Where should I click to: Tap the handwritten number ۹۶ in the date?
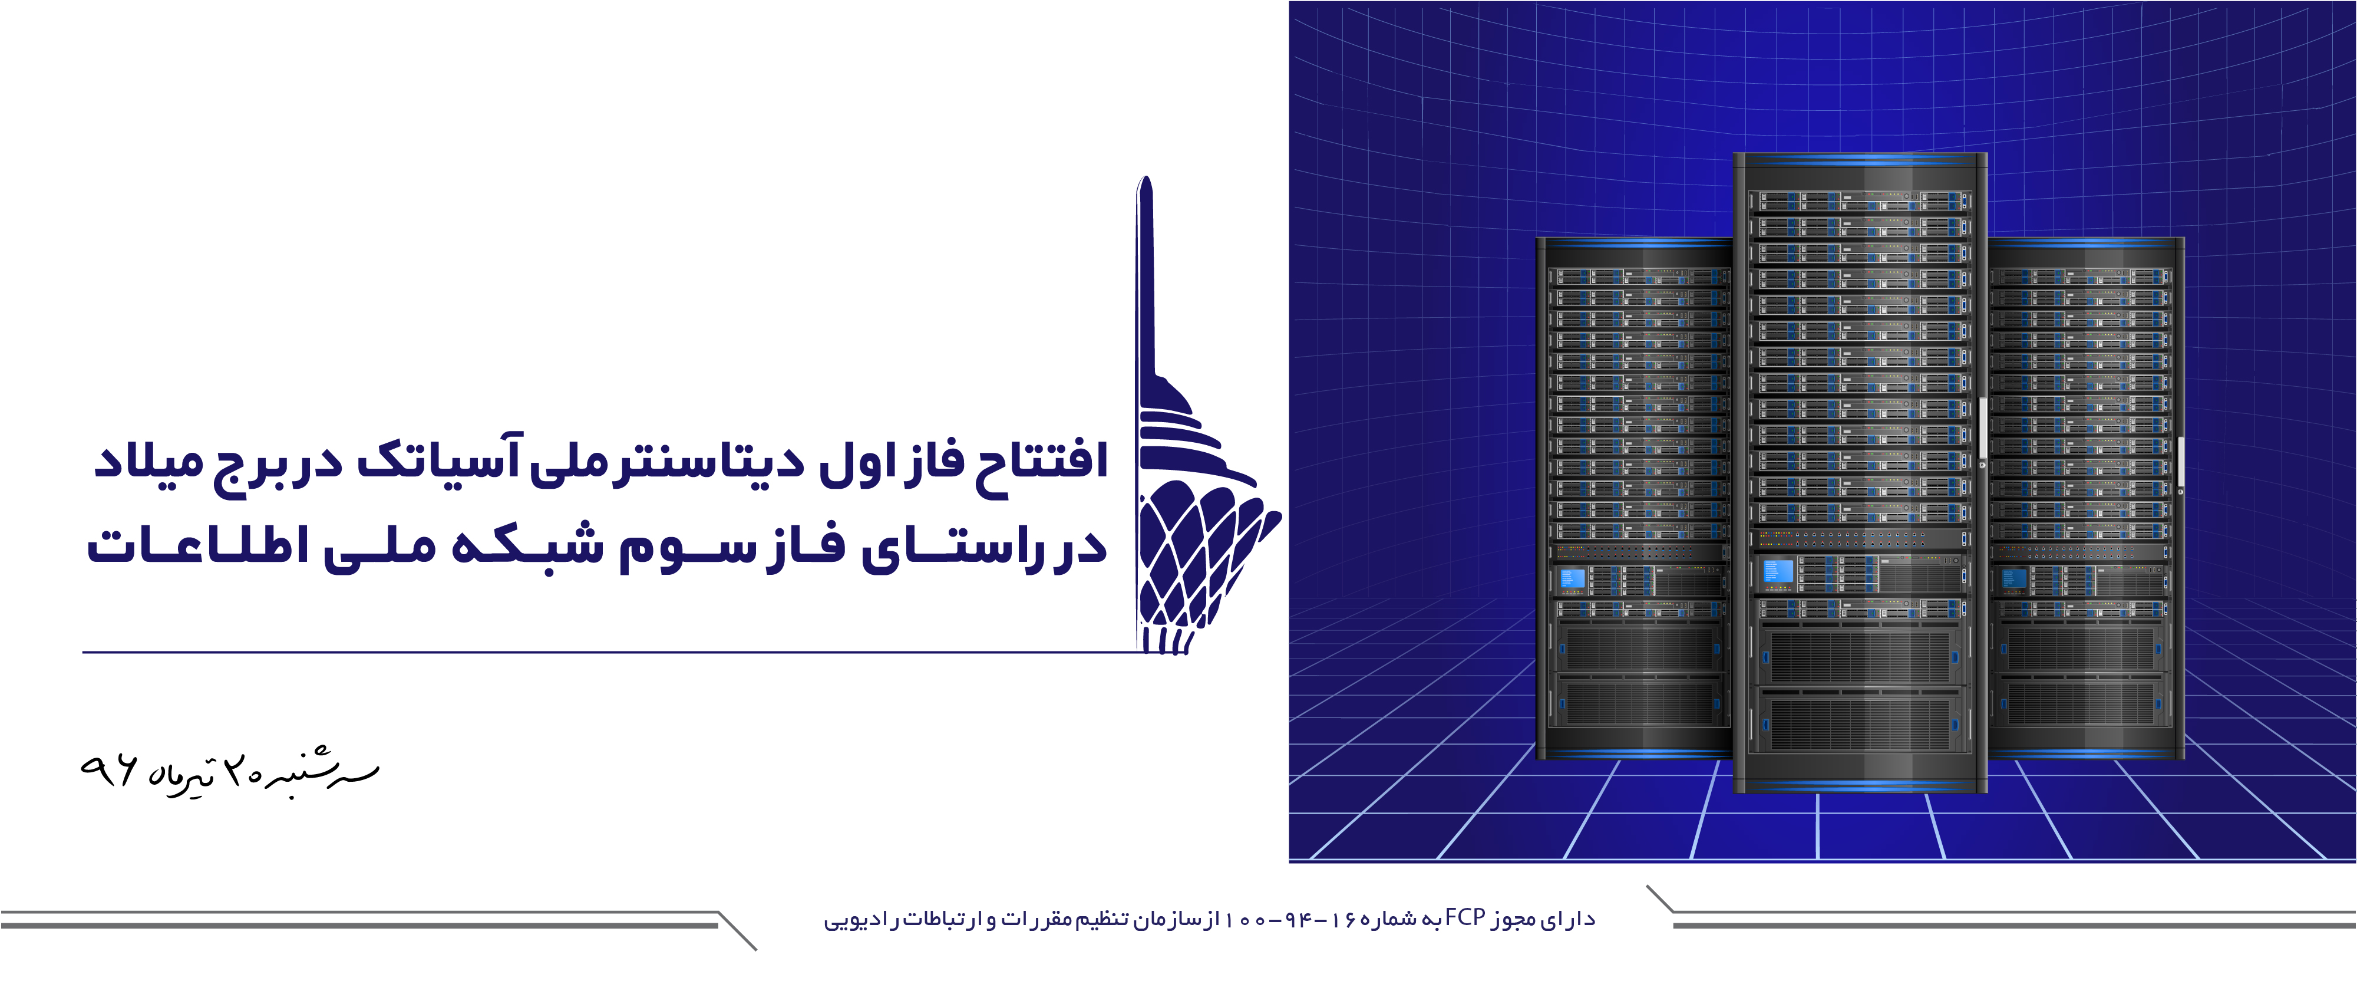point(109,771)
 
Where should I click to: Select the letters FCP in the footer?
point(1465,917)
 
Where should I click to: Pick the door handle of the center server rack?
point(1982,430)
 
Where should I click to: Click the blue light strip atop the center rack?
point(1860,162)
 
